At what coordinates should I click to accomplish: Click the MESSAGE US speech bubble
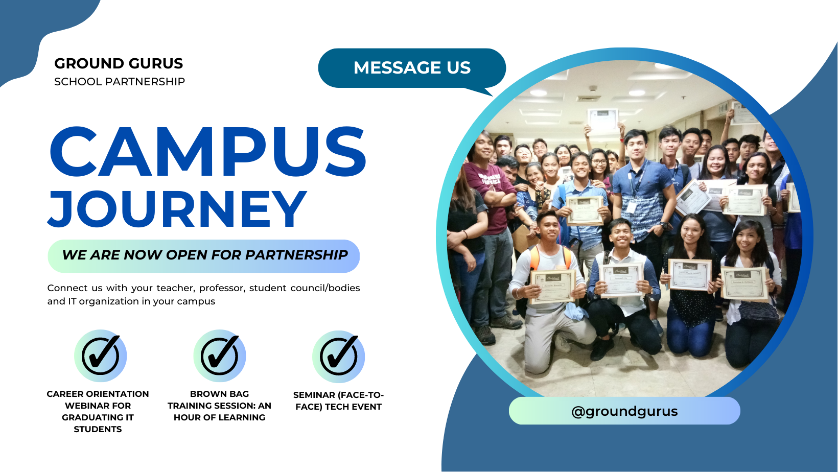coord(412,68)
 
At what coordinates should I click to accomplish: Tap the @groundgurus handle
coord(624,411)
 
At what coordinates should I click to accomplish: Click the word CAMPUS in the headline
coord(207,152)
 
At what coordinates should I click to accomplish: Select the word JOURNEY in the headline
coord(177,209)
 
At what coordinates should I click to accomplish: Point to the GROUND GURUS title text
coord(119,63)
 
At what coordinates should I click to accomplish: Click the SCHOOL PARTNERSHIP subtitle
coord(120,82)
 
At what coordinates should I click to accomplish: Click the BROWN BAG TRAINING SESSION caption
coord(219,406)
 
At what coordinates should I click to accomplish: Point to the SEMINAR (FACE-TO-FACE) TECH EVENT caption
coord(339,401)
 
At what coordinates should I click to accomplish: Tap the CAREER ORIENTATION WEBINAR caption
coord(98,411)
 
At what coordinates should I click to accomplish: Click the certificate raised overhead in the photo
coord(602,120)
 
